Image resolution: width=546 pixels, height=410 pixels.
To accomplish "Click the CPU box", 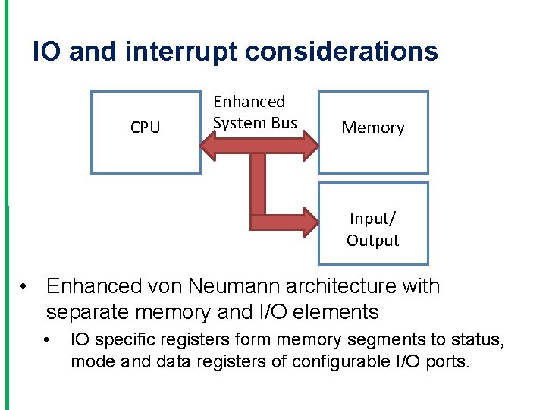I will (146, 132).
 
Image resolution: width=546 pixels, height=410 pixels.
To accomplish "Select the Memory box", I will (372, 132).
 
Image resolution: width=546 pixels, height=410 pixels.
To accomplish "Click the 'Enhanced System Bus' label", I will (255, 112).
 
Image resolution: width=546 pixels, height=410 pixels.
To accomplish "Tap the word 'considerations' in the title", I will (341, 52).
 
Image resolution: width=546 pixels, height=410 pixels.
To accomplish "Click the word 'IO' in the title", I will (47, 52).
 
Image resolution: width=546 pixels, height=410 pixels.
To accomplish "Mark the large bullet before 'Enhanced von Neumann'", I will (25, 287).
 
